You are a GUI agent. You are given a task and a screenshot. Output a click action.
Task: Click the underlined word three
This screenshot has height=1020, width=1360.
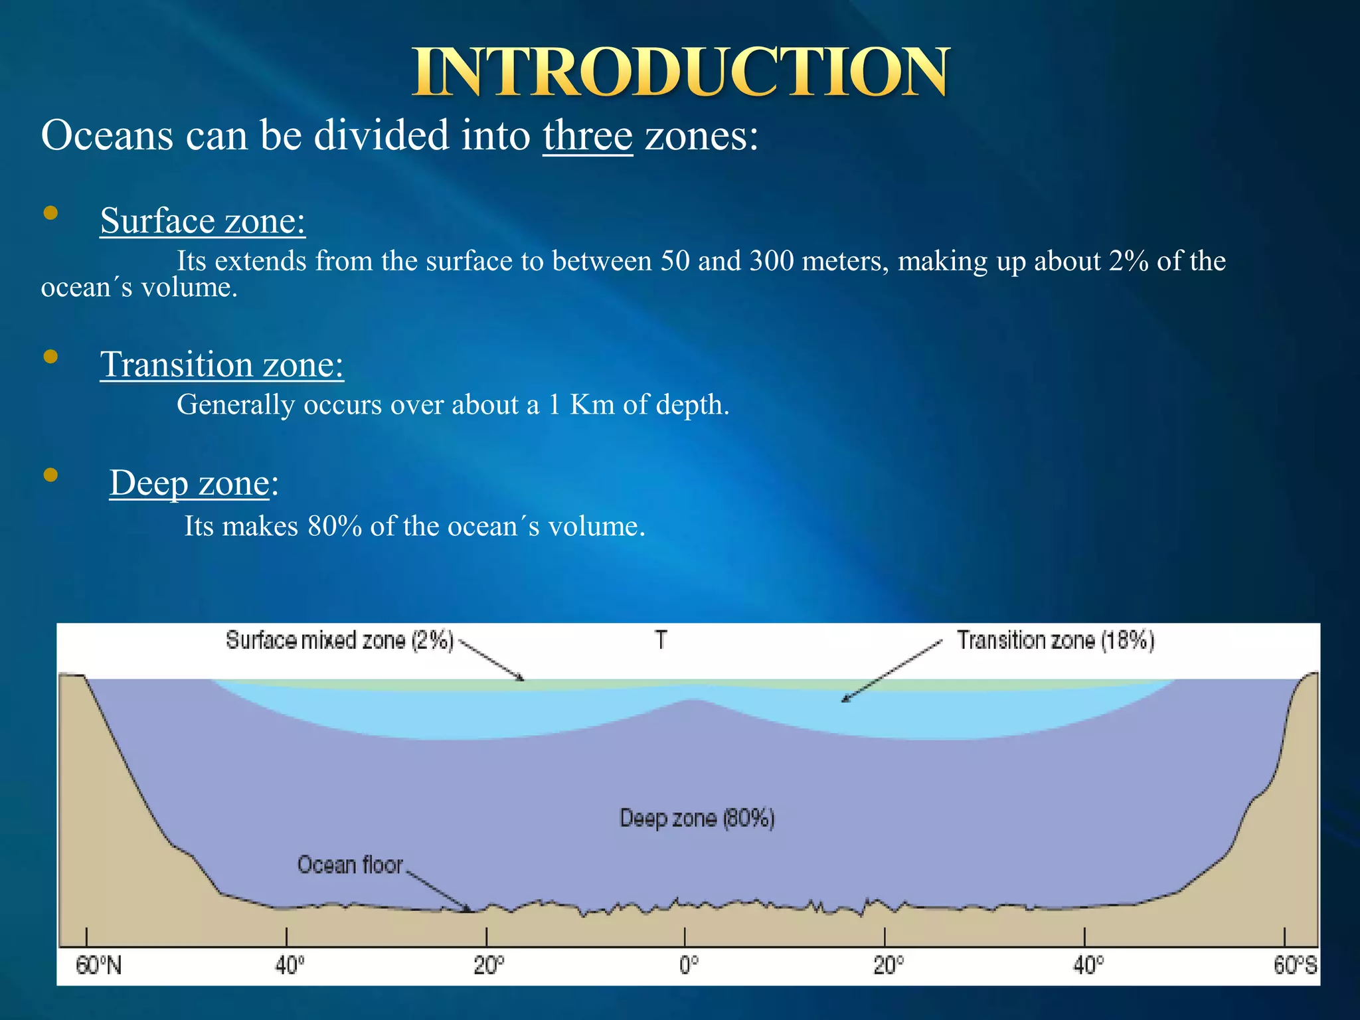588,136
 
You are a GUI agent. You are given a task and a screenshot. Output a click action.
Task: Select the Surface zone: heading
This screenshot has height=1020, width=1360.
203,220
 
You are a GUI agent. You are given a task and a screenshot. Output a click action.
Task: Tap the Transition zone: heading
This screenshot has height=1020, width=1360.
222,365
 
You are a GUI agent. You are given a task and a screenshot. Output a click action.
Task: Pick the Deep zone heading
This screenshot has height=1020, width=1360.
190,483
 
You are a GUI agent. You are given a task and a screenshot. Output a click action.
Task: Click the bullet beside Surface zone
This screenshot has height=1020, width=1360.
50,213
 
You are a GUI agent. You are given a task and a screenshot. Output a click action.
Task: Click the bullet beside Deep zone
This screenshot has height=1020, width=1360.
50,475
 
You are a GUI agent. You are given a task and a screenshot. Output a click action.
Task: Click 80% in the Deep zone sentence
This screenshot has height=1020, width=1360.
335,527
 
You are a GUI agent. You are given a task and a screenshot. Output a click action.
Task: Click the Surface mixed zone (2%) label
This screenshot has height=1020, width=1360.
339,641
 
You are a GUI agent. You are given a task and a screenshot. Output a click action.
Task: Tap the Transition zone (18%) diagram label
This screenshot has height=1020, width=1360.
1055,641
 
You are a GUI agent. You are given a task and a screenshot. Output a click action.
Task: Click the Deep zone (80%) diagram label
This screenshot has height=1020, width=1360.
697,818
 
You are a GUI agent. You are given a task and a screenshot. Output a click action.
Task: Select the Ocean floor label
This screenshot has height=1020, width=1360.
350,865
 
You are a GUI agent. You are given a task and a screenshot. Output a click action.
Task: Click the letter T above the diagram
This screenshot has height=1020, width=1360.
661,640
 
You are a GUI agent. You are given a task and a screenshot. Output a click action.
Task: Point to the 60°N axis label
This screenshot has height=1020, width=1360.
98,965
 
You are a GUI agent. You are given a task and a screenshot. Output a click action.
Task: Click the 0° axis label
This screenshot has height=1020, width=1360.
688,965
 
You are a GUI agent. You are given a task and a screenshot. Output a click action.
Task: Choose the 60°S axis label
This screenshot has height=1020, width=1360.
1294,965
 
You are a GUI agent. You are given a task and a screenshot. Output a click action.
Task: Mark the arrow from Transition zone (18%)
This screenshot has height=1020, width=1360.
892,671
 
